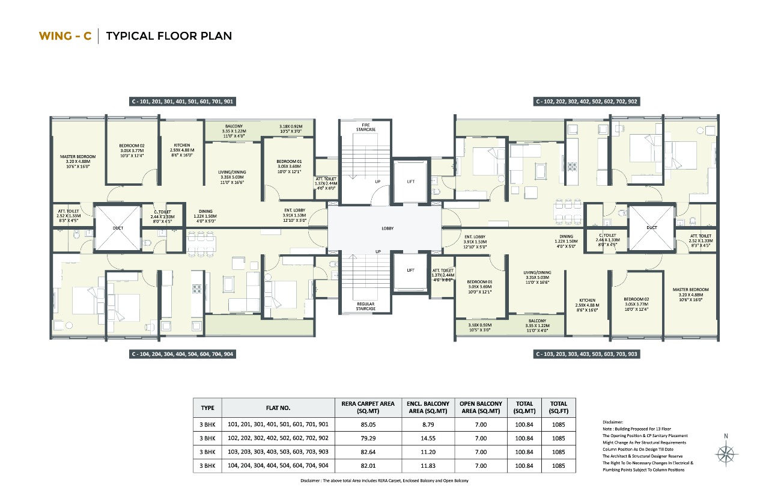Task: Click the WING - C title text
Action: pyautogui.click(x=65, y=36)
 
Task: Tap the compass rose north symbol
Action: pyautogui.click(x=728, y=453)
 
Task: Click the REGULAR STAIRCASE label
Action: pyautogui.click(x=365, y=306)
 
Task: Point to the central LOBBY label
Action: pyautogui.click(x=388, y=229)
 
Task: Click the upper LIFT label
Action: pyautogui.click(x=410, y=181)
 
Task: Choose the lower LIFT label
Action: pyautogui.click(x=410, y=271)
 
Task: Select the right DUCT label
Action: pyautogui.click(x=651, y=228)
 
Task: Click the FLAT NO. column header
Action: pyautogui.click(x=278, y=408)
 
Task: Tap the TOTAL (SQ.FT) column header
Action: pyautogui.click(x=558, y=407)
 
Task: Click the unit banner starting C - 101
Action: pyautogui.click(x=182, y=102)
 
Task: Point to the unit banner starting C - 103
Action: pyautogui.click(x=586, y=355)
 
